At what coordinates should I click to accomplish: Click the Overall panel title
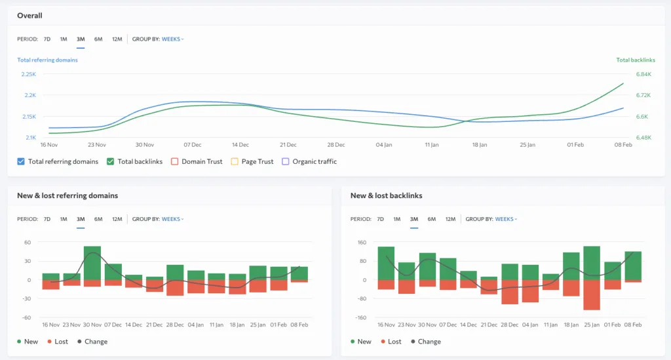[x=29, y=15]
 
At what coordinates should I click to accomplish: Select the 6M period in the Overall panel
[x=98, y=39]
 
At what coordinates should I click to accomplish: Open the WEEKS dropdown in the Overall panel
[x=173, y=39]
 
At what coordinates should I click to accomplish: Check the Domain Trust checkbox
[x=175, y=161]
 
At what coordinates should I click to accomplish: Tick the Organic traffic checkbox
[x=285, y=161]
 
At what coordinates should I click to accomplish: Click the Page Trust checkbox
[x=235, y=161]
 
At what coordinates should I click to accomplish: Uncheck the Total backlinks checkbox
[x=111, y=161]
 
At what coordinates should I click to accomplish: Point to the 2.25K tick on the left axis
[x=28, y=74]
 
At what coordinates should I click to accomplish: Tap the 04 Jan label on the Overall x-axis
[x=384, y=144]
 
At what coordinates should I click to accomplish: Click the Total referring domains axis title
[x=47, y=60]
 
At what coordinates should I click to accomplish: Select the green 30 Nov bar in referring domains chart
[x=92, y=263]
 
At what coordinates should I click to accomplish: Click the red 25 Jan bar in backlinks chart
[x=592, y=294]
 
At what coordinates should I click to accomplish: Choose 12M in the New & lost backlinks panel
[x=450, y=219]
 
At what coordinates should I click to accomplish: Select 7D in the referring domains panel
[x=47, y=219]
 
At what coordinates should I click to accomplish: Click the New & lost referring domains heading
[x=67, y=195]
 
